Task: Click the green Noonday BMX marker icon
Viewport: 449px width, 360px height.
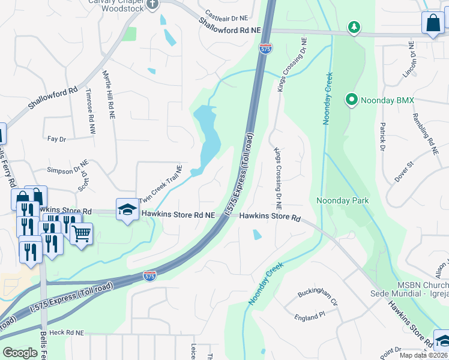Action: pyautogui.click(x=352, y=100)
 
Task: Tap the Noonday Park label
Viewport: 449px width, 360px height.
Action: pyautogui.click(x=342, y=200)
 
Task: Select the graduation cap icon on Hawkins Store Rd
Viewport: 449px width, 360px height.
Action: pyautogui.click(x=127, y=209)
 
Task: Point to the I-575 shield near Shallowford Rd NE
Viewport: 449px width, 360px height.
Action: pyautogui.click(x=265, y=47)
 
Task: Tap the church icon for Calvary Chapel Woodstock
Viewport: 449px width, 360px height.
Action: pyautogui.click(x=152, y=4)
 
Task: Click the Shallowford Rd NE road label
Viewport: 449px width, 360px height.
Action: pyautogui.click(x=231, y=25)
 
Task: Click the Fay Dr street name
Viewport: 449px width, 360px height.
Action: pyautogui.click(x=56, y=139)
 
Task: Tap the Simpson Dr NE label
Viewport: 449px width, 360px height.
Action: pyautogui.click(x=64, y=170)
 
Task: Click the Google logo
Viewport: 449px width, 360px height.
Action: pyautogui.click(x=20, y=353)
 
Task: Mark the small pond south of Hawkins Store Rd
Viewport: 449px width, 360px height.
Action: pyautogui.click(x=257, y=235)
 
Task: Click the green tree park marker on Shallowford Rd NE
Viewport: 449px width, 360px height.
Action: pyautogui.click(x=354, y=26)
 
